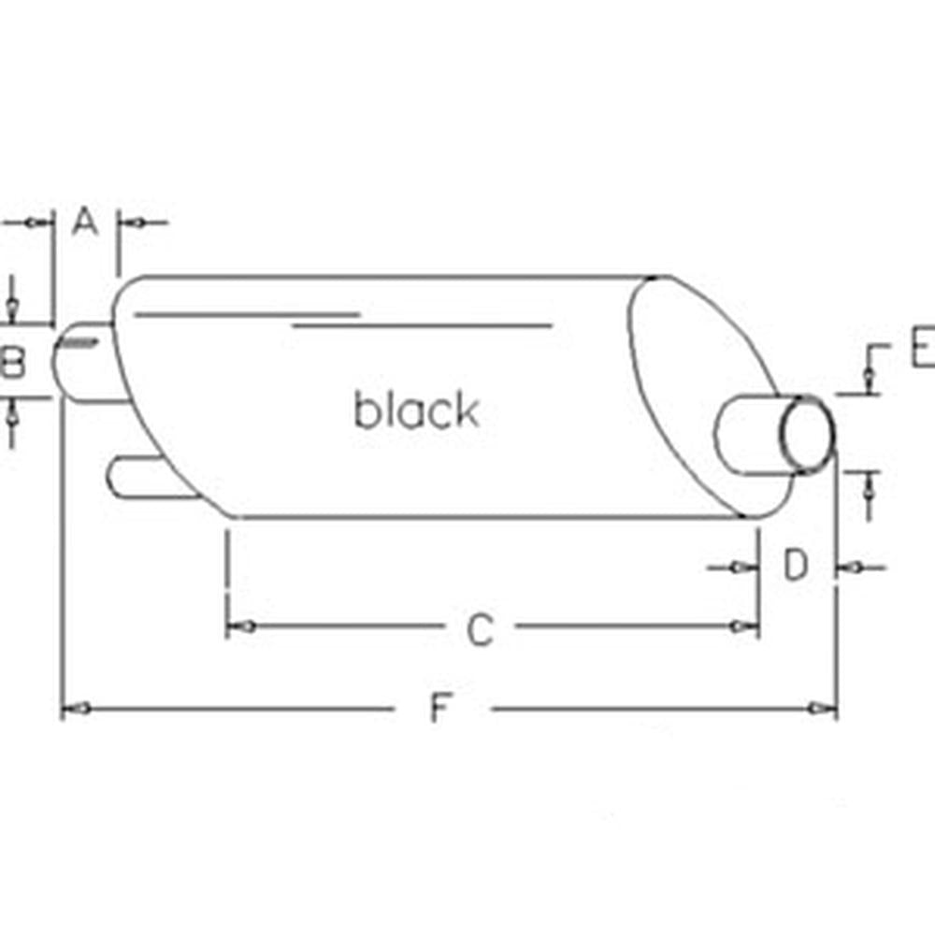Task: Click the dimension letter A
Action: (x=85, y=222)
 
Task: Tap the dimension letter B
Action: (x=12, y=362)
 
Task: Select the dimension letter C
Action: (x=480, y=629)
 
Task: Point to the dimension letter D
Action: (x=796, y=565)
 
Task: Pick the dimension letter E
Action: (x=924, y=348)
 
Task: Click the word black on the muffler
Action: (x=417, y=410)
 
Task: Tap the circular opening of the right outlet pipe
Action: (x=808, y=435)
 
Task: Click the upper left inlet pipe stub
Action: (x=86, y=362)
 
